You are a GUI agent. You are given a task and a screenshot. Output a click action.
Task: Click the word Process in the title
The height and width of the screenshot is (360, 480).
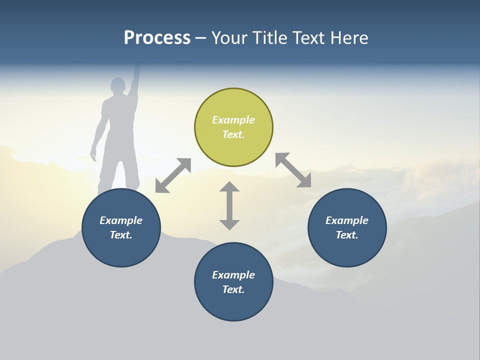click(x=157, y=38)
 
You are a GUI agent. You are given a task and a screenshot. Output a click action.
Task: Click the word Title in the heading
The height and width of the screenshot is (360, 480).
click(x=268, y=38)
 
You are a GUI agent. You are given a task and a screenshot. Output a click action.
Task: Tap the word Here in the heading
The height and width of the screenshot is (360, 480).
click(x=348, y=38)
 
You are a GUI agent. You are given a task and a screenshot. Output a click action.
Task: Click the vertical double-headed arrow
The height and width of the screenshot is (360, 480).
click(x=229, y=206)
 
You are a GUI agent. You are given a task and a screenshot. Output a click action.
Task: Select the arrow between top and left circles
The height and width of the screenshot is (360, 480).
click(x=173, y=175)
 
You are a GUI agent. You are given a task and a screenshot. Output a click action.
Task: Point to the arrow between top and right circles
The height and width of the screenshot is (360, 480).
click(x=293, y=170)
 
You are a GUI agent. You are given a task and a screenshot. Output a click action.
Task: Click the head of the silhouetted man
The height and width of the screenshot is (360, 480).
click(x=118, y=86)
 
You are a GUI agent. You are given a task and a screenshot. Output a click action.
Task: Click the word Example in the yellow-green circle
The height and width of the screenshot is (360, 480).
click(x=233, y=120)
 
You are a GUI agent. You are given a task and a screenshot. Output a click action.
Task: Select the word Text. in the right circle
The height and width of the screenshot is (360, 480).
click(x=347, y=235)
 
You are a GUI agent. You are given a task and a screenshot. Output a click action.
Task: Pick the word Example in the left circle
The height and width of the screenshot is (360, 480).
click(x=121, y=220)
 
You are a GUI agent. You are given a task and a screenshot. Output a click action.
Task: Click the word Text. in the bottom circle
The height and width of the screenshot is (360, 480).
click(x=233, y=289)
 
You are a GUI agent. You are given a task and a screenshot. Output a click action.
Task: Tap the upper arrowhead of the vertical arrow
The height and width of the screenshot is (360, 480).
click(x=229, y=188)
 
